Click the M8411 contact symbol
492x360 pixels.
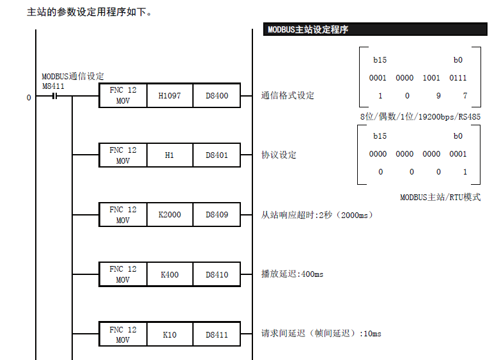coord(54,97)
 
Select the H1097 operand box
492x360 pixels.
coord(169,96)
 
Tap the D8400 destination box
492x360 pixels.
coord(217,96)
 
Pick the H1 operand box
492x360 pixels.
coord(169,155)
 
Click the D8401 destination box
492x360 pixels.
coord(217,155)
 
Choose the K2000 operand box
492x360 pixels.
coord(169,215)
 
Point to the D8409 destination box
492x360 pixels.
coord(217,215)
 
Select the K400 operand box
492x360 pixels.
coord(169,274)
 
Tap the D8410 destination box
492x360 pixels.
coord(217,274)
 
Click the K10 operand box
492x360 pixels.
coord(169,334)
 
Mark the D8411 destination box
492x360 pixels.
coord(217,334)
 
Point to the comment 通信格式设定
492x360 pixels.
coord(288,96)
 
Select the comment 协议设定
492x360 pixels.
coord(279,155)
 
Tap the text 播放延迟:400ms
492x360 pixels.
coord(292,274)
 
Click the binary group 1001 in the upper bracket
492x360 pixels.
coord(431,78)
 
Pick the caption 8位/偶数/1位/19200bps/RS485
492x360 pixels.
coord(420,117)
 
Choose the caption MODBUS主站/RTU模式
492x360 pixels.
coord(440,198)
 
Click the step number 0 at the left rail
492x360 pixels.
coord(28,97)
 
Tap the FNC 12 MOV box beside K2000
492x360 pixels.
coord(123,215)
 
